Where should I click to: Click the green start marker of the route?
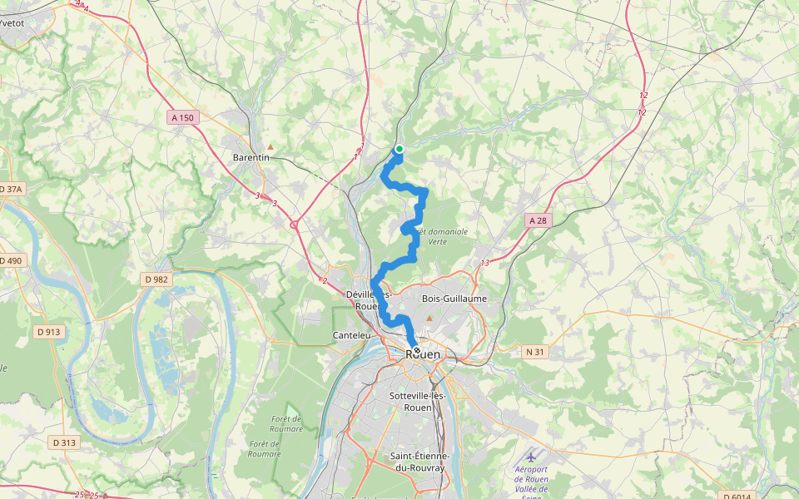(399, 149)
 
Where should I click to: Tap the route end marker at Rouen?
(416, 351)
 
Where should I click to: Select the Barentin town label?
(251, 157)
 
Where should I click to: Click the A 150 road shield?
(182, 118)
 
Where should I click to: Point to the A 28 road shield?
(538, 220)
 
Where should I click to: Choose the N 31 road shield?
(534, 352)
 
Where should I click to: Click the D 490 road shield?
(11, 260)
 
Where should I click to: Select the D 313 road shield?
(63, 442)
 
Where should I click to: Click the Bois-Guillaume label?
(454, 299)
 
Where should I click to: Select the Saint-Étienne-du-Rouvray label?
(420, 462)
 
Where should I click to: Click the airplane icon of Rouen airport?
(531, 457)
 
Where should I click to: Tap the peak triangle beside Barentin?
(270, 147)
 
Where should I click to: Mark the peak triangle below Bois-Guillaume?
(429, 318)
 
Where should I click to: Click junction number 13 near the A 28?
(485, 264)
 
